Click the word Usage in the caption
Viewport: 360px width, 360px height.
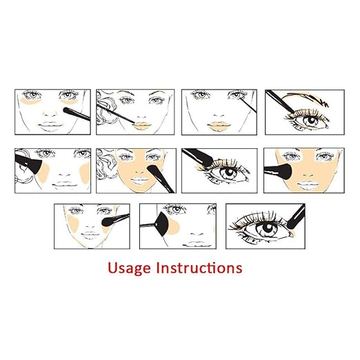click(130, 268)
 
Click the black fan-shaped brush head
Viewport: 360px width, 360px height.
click(163, 224)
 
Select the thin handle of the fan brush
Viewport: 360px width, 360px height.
click(148, 226)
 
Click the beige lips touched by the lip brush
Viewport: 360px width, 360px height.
click(142, 126)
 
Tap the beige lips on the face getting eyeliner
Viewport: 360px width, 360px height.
click(219, 126)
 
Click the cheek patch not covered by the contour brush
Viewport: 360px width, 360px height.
click(85, 172)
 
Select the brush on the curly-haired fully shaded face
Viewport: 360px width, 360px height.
click(161, 178)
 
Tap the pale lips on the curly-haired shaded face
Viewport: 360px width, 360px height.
click(140, 181)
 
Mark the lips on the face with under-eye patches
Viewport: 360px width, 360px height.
click(50, 126)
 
